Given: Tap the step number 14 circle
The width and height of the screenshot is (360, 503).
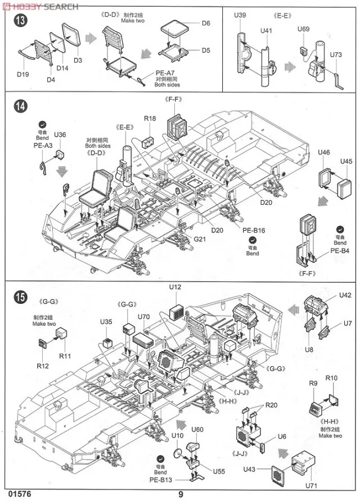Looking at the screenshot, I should (19, 106).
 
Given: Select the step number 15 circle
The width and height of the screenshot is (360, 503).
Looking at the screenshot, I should (19, 296).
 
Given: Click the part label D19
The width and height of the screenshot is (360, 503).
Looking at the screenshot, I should (22, 74).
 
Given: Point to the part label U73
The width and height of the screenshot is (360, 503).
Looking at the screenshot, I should (336, 55).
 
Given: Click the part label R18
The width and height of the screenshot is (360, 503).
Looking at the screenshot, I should (150, 119).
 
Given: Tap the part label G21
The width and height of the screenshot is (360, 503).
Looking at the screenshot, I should (200, 240).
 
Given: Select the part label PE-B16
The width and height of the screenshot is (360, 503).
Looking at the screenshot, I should (254, 231).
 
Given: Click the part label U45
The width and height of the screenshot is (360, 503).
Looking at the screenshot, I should (346, 161).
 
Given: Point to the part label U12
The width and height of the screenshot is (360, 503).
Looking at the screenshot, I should (175, 288).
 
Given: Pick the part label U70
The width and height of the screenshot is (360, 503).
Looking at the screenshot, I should (144, 316).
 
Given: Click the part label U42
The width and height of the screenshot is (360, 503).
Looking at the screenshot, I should (345, 295).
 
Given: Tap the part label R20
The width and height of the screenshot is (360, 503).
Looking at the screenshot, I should (272, 405).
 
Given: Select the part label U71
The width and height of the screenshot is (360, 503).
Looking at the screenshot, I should (311, 486).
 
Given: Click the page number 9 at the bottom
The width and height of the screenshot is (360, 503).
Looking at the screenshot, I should (181, 495).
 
